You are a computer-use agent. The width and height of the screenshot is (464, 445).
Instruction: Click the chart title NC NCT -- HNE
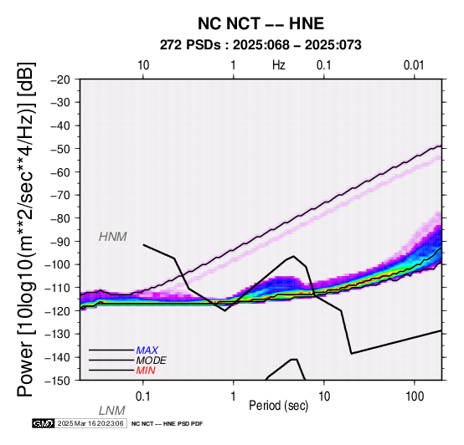click(x=261, y=23)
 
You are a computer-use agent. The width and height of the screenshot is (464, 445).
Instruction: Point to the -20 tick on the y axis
click(x=60, y=79)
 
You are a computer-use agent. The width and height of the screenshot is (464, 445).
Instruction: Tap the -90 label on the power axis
click(x=60, y=242)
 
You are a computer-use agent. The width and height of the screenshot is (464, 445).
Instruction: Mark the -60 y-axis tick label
click(x=60, y=172)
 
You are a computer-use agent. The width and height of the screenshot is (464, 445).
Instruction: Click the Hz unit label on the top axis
click(x=278, y=65)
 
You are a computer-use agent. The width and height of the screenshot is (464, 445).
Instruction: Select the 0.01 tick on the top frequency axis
click(x=414, y=65)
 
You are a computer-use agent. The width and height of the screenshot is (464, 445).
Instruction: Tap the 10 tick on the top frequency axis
click(x=143, y=65)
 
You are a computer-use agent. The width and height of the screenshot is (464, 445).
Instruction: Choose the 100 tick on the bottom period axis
click(x=415, y=396)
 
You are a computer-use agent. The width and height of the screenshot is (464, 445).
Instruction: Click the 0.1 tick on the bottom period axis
click(x=143, y=396)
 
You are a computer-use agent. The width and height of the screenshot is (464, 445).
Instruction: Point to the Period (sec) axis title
click(x=278, y=406)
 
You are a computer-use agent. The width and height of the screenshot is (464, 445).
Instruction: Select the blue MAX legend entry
click(x=147, y=350)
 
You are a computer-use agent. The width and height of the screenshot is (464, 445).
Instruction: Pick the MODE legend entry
click(x=152, y=361)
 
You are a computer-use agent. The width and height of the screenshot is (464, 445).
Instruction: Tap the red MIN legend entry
click(x=146, y=371)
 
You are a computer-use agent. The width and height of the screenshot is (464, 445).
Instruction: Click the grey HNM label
click(x=113, y=237)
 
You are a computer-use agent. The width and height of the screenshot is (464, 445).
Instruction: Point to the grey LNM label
click(x=112, y=411)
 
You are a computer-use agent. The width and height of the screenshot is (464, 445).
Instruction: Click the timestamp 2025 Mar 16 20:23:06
click(x=90, y=424)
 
